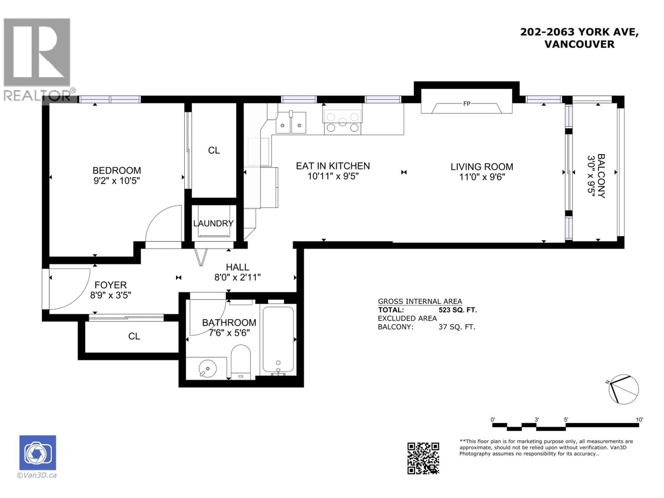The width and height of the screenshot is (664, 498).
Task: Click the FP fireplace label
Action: point(467,104)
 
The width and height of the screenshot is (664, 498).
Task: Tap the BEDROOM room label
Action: point(117,170)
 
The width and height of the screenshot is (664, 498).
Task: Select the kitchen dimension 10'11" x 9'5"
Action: point(333,176)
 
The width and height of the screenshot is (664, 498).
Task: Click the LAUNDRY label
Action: point(213,223)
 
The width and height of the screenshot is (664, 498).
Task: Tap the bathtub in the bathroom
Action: point(278,339)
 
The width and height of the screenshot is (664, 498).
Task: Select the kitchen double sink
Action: point(290,122)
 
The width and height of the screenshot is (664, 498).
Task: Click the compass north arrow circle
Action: point(624,390)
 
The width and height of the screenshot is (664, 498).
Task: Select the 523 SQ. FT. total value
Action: point(458,310)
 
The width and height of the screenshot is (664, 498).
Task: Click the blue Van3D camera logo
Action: point(38,453)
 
